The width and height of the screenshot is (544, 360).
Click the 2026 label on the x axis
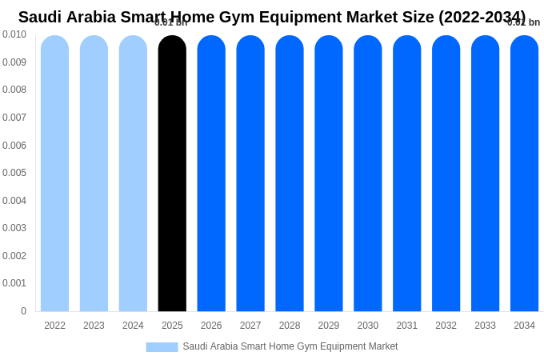tap(211, 326)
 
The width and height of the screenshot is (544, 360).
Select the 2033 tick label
tap(485, 326)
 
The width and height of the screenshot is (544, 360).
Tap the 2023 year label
tap(94, 326)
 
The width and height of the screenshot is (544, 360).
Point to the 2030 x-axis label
tap(368, 326)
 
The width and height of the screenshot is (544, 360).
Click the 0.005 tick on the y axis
tap(14, 173)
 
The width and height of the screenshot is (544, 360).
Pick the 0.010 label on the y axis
tap(14, 34)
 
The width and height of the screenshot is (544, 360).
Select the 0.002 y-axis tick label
tap(14, 256)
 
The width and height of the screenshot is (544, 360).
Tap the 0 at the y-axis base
tap(23, 311)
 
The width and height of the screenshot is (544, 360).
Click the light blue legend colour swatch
tap(162, 347)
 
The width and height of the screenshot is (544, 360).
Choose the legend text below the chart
tap(290, 346)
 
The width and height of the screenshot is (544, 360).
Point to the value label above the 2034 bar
tap(524, 22)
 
